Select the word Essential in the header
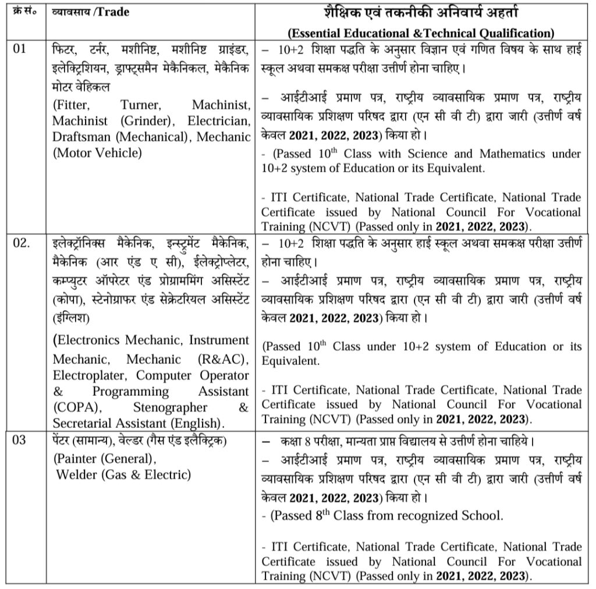pos(316,33)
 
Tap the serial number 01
pos(20,48)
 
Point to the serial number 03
pos(20,440)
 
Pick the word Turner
pos(140,105)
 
